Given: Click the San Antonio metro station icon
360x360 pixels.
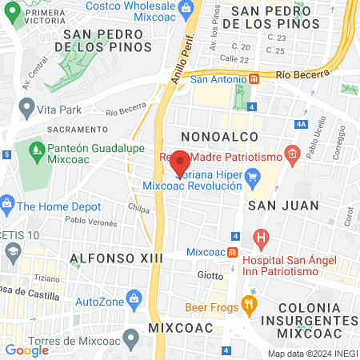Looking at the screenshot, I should (254, 78).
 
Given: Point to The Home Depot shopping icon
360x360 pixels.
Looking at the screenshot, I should (7, 205).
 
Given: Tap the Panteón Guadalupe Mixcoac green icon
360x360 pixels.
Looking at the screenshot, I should (35, 149).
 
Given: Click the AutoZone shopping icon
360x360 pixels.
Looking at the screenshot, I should (132, 302).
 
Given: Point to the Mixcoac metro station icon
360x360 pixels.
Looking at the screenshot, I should (231, 252).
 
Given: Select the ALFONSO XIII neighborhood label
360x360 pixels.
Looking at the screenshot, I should (117, 258).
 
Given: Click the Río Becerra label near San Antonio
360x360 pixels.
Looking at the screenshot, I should (302, 74).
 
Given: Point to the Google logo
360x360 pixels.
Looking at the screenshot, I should (27, 350).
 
